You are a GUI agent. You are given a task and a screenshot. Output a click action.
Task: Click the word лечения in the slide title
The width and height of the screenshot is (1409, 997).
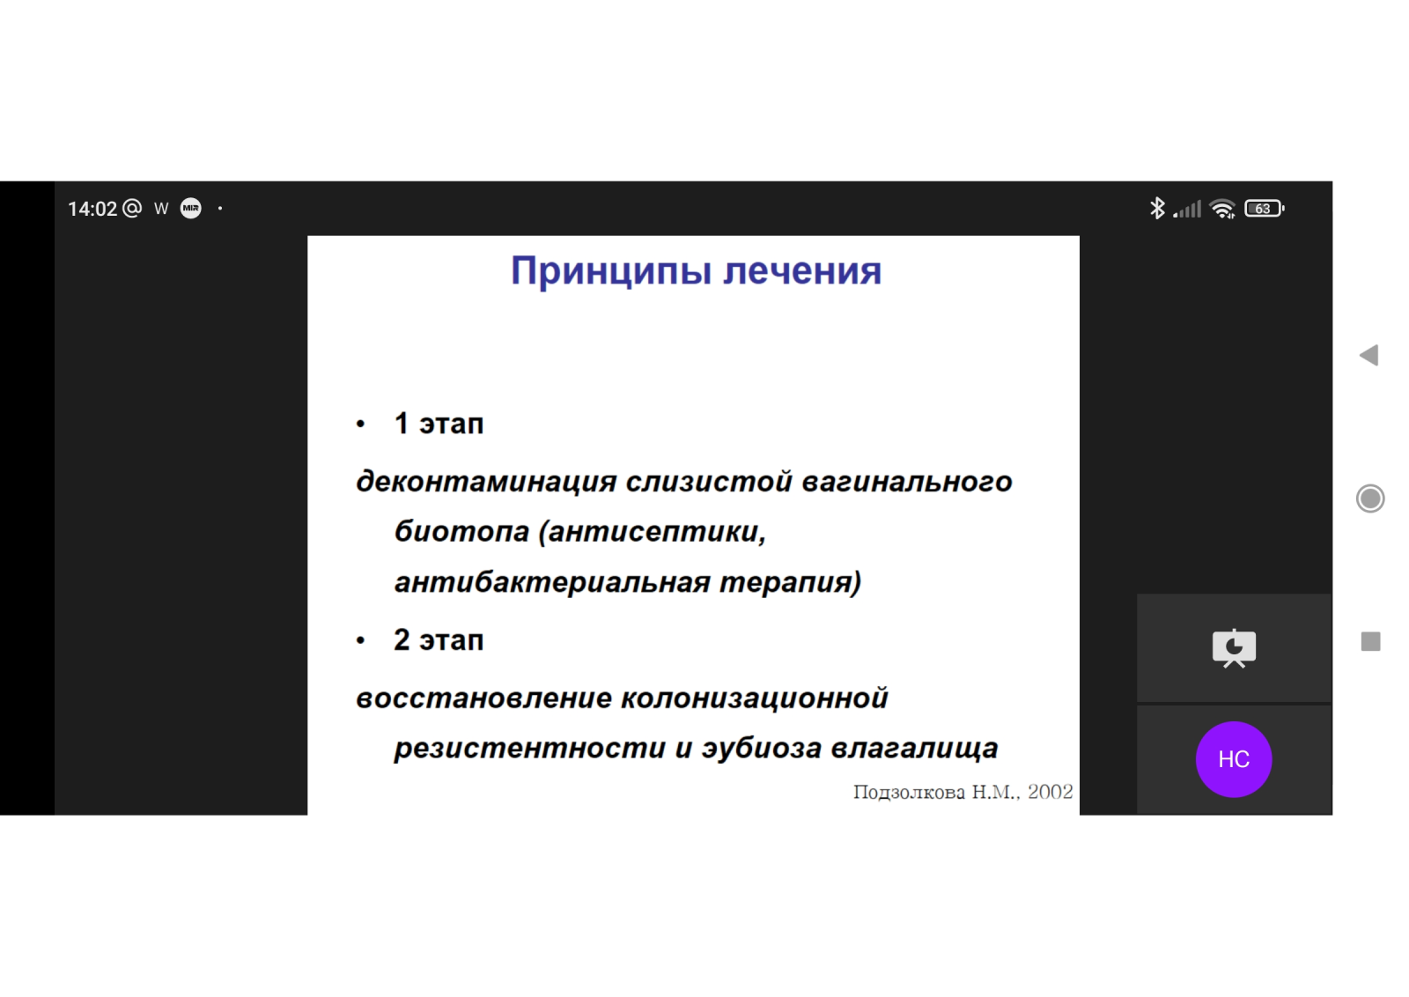(x=802, y=271)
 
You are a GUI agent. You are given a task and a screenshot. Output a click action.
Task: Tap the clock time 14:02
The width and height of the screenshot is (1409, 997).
(x=92, y=209)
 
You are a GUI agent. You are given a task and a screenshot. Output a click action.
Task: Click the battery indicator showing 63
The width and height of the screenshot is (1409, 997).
(x=1265, y=209)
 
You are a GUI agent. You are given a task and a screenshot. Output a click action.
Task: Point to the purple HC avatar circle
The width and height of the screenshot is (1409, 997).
(x=1234, y=759)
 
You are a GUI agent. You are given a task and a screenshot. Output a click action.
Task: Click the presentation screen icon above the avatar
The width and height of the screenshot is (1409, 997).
(x=1234, y=648)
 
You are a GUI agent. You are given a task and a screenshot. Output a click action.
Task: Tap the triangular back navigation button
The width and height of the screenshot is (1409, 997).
(x=1369, y=356)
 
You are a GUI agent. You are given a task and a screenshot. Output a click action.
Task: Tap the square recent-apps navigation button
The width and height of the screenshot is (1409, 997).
(x=1370, y=641)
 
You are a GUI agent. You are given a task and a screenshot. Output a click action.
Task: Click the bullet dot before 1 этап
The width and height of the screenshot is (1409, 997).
(x=360, y=424)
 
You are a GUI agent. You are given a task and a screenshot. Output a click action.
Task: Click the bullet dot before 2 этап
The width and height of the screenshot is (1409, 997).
(x=360, y=640)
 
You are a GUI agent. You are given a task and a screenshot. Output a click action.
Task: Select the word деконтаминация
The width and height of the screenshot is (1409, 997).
(x=486, y=482)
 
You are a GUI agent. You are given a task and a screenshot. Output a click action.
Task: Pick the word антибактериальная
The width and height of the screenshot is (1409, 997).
(x=551, y=582)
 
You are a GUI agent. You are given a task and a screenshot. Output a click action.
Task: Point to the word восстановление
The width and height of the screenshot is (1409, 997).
(x=483, y=698)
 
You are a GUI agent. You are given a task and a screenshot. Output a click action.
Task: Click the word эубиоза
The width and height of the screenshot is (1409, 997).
(x=761, y=748)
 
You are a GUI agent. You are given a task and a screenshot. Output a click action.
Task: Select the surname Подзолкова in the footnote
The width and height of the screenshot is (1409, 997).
(x=909, y=793)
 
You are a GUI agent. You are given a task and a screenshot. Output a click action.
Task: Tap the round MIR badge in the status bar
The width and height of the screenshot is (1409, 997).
(x=191, y=208)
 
